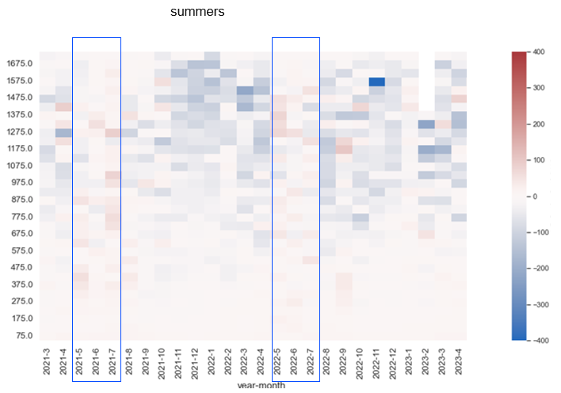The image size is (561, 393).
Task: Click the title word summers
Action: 197,13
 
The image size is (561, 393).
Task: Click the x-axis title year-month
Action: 261,386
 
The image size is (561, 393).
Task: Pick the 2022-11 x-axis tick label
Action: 377,360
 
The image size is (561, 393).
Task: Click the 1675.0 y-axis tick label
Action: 19,63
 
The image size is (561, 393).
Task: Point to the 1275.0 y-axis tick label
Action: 19,132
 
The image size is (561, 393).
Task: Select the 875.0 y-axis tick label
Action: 21,200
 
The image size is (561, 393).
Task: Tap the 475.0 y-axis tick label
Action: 21,268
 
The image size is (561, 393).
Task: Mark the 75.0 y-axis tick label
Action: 24,335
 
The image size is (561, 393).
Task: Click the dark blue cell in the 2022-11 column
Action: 377,82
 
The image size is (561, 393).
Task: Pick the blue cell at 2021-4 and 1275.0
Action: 63,132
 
